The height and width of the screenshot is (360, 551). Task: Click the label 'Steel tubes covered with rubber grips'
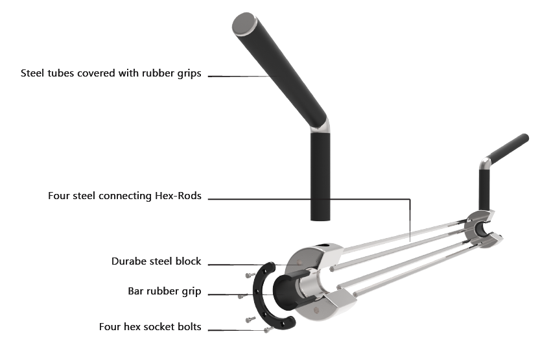[x=111, y=73]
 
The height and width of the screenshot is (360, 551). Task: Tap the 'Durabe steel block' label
[x=156, y=261]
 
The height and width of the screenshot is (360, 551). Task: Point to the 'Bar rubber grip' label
[x=165, y=292]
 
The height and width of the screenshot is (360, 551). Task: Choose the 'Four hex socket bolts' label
[x=150, y=327]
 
